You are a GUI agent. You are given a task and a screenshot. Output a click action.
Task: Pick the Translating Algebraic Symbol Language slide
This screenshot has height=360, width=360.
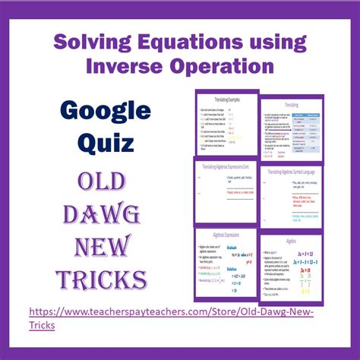(292, 194)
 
